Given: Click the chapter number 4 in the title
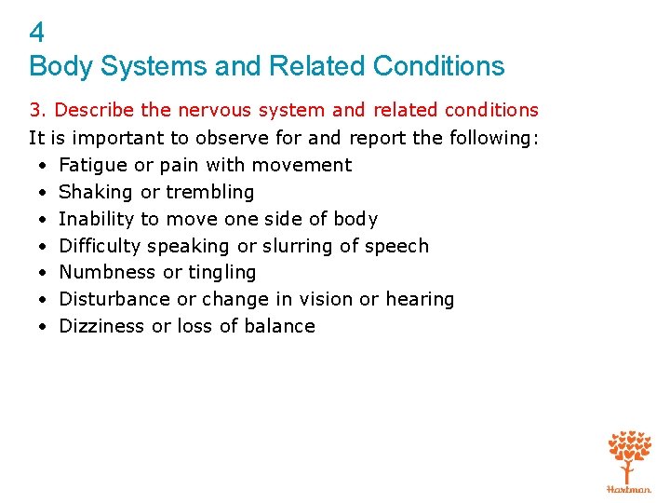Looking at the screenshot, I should pos(36,34).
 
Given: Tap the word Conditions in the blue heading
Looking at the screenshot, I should pos(438,66).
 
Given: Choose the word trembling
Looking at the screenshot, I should pos(209,192).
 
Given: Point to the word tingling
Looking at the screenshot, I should pos(222,273).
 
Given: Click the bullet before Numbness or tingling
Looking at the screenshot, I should pos(44,273).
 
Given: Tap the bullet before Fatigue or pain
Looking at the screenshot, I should pos(44,166).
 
